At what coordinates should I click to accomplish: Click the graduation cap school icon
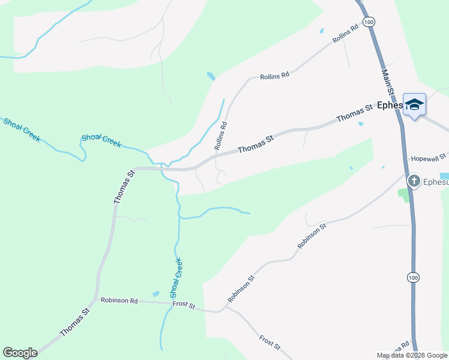[414, 105]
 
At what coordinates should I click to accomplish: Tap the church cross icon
[414, 181]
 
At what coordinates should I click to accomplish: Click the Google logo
[20, 353]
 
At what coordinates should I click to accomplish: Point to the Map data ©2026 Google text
[412, 355]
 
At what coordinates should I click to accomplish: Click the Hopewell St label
[428, 158]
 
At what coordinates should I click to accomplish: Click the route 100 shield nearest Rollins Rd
[369, 22]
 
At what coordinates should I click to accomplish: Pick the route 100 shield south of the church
[412, 277]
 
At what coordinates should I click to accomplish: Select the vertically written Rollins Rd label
[220, 136]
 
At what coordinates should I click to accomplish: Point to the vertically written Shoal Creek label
[176, 278]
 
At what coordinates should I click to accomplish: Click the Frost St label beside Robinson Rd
[184, 305]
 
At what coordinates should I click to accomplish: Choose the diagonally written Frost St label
[270, 343]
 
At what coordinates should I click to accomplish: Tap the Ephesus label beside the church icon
[436, 182]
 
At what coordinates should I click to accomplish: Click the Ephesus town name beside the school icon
[390, 106]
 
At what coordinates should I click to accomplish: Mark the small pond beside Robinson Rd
[156, 293]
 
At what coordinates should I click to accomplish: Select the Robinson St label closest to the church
[312, 236]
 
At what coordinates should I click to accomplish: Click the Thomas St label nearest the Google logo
[74, 322]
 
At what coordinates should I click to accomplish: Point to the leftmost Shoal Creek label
[22, 129]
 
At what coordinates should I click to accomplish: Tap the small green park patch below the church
[403, 194]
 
